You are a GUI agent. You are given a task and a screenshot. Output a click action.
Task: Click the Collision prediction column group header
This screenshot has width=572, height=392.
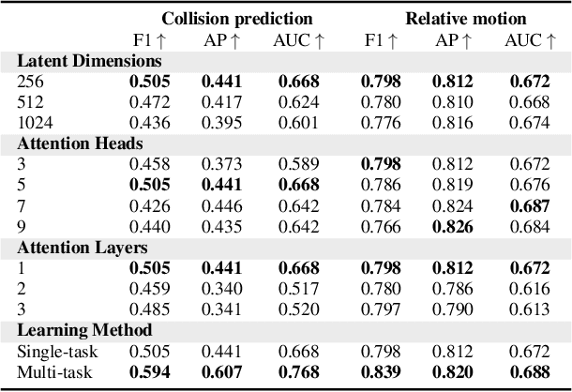click(236, 18)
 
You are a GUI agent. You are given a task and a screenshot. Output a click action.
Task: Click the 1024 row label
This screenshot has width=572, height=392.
click(34, 123)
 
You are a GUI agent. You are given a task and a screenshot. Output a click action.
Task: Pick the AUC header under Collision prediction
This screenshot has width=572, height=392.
click(299, 39)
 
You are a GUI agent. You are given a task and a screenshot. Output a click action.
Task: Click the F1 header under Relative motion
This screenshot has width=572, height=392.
click(381, 39)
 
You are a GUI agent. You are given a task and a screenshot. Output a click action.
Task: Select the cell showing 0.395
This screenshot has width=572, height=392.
click(221, 123)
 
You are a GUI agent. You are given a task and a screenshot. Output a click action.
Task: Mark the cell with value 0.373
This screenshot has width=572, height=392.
click(221, 163)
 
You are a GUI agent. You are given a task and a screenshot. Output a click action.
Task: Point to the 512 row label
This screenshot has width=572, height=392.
click(30, 102)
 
